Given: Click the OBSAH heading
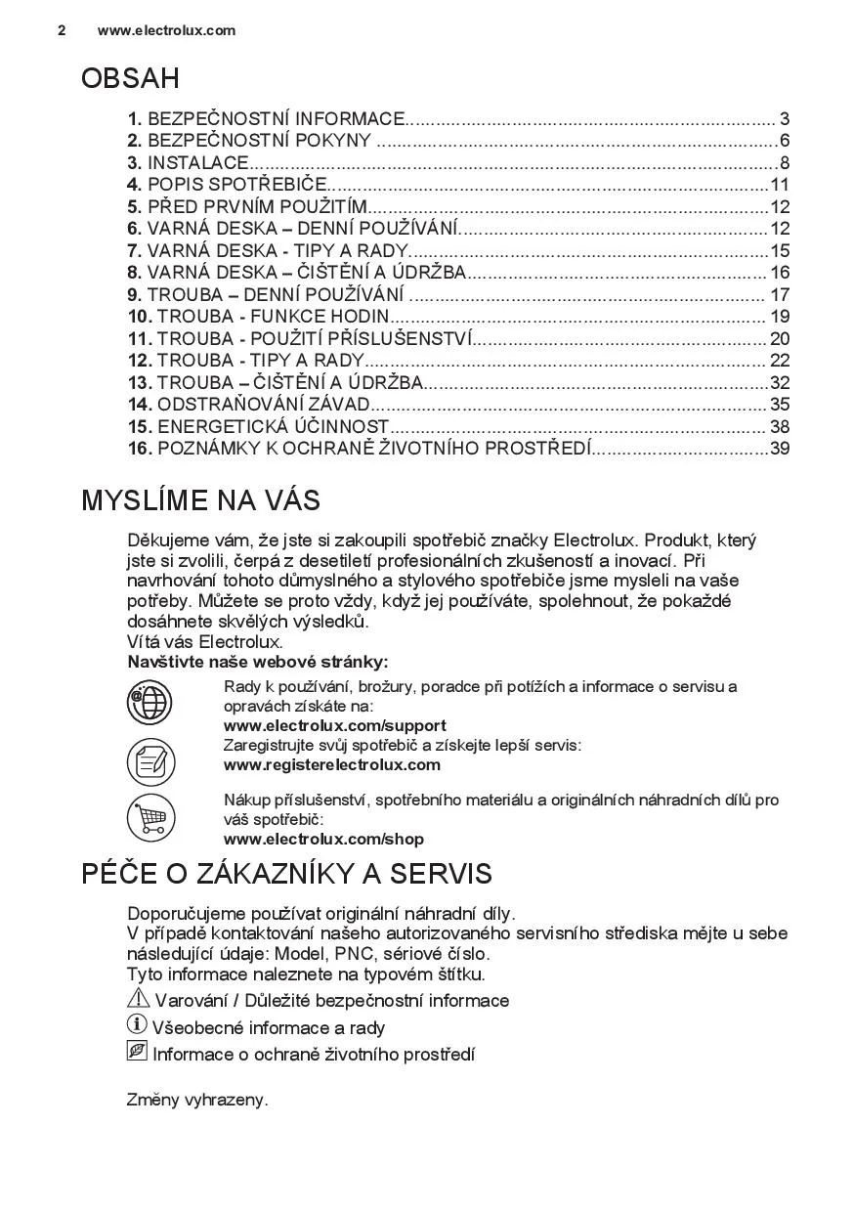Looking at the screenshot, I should click(130, 79).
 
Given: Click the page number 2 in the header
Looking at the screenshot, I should click(62, 30).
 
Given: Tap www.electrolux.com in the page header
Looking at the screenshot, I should click(166, 30).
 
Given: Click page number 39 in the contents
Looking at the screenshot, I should click(779, 449).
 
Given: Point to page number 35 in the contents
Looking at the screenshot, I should click(779, 405).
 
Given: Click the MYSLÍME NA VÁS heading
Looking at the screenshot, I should click(200, 501).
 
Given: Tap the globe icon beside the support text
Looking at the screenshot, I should click(150, 703).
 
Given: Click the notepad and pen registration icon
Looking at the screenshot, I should click(150, 761).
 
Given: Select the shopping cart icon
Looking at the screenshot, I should click(150, 818).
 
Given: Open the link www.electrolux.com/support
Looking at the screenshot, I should click(334, 725).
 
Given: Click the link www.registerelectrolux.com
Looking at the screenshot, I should click(331, 764).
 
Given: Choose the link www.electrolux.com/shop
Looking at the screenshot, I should click(323, 839).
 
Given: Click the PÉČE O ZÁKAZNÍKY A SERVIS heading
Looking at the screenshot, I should click(286, 874).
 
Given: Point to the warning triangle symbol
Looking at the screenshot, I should click(138, 999).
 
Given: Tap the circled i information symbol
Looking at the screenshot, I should click(137, 1025).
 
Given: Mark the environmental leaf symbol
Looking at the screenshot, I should click(137, 1052).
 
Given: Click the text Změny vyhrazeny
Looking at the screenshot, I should click(197, 1100).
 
